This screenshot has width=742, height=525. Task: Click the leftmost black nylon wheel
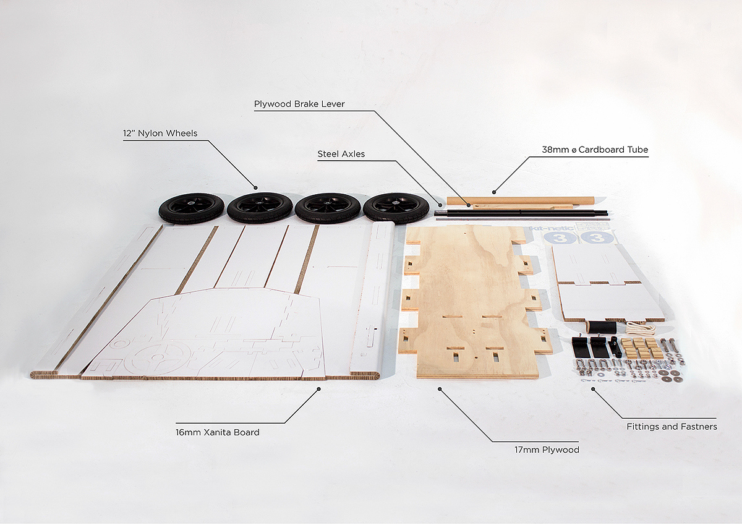click(x=192, y=209)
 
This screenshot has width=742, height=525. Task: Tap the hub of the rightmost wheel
click(x=396, y=203)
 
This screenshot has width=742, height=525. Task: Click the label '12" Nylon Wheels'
click(x=160, y=133)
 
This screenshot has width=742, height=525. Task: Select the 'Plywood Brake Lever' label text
click(x=299, y=104)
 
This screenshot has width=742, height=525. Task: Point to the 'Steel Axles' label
click(x=341, y=154)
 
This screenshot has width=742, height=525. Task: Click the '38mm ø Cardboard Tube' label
click(x=595, y=150)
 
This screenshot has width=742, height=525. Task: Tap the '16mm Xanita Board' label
click(x=217, y=432)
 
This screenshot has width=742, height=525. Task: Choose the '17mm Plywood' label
click(x=547, y=450)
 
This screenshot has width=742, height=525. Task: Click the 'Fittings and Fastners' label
click(x=672, y=427)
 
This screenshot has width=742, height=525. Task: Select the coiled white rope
click(x=639, y=328)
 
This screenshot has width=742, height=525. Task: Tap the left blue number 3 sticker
click(x=560, y=237)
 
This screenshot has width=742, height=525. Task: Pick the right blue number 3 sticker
click(x=596, y=237)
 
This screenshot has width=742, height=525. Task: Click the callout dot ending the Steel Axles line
click(x=440, y=205)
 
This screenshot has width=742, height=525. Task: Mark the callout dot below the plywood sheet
click(x=440, y=389)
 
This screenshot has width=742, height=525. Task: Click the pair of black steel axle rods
click(x=521, y=213)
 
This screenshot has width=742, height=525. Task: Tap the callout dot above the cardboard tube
click(x=494, y=192)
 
